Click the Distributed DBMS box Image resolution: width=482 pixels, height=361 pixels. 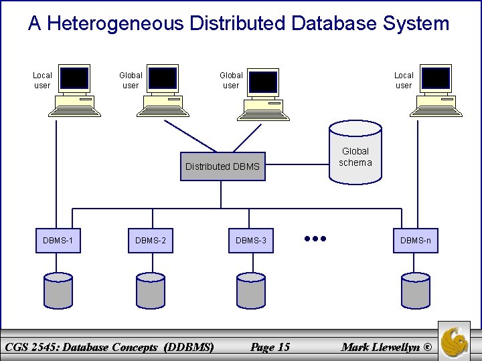(x=222, y=166)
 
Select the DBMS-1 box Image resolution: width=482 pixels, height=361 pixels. (x=58, y=240)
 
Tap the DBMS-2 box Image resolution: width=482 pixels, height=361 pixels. (x=151, y=240)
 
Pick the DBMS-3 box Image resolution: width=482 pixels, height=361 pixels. (x=251, y=240)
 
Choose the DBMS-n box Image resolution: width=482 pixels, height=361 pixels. (x=416, y=240)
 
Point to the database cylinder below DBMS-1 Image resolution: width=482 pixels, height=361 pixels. (x=58, y=289)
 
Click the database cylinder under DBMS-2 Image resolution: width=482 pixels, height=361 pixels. (x=151, y=289)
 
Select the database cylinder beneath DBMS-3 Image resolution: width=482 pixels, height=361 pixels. (x=251, y=289)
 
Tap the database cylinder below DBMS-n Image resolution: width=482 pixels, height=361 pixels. (x=416, y=289)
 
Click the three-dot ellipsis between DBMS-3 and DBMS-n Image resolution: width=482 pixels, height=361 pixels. (x=315, y=238)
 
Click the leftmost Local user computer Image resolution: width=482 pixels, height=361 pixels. (x=74, y=90)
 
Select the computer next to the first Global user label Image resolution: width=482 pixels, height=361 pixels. (x=163, y=90)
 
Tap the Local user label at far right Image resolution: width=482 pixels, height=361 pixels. (x=404, y=80)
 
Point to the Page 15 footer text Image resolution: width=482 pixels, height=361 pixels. (x=270, y=346)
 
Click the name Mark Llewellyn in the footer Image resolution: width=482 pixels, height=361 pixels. (x=381, y=346)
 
